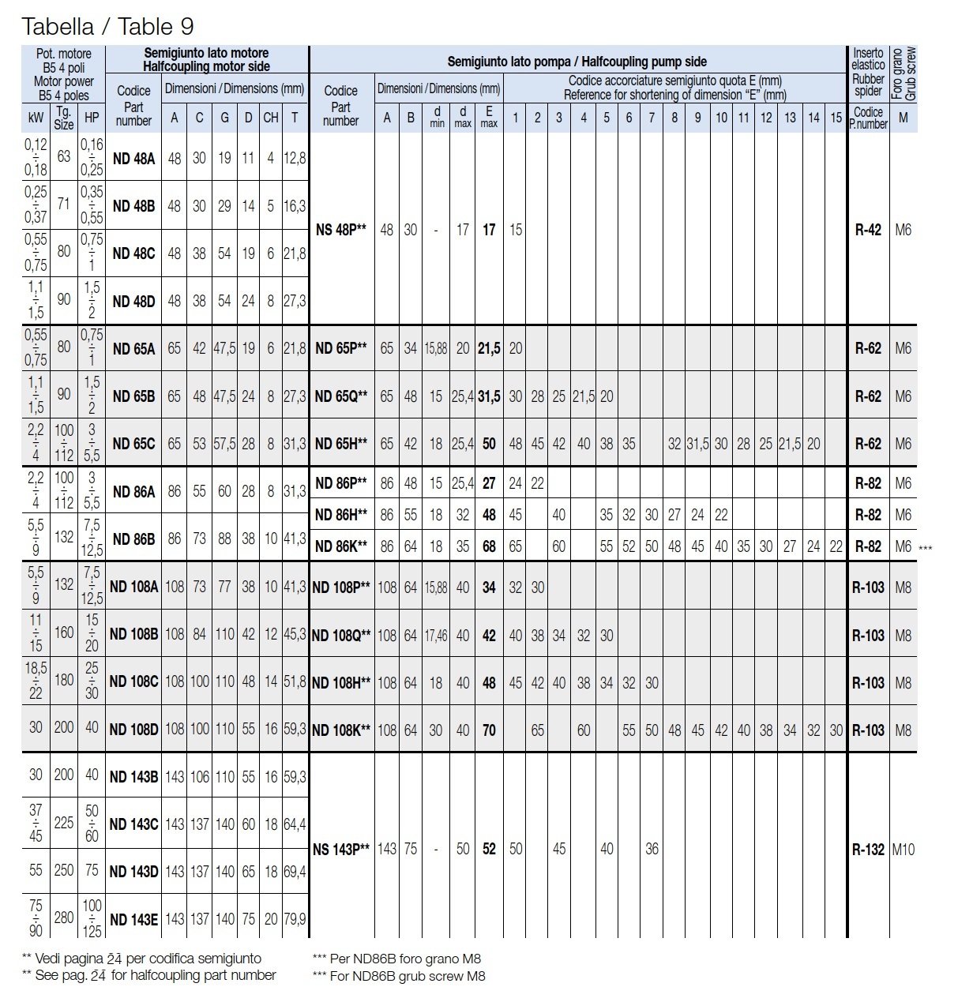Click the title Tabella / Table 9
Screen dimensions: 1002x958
(108, 27)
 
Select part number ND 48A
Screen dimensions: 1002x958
(133, 158)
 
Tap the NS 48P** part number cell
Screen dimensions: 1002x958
(341, 230)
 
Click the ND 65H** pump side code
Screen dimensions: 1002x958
(341, 444)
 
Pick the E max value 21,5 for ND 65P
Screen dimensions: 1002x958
(489, 348)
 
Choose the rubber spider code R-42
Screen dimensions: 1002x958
(868, 230)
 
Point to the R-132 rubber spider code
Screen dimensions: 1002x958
(868, 850)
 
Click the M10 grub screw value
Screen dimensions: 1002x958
(904, 850)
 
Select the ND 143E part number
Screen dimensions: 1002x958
(133, 919)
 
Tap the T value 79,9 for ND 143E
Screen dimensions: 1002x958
(295, 919)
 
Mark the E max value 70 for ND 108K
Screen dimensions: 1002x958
(489, 730)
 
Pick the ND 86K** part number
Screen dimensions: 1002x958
(341, 546)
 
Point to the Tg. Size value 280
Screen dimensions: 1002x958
(64, 919)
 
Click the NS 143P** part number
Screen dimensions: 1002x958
(341, 850)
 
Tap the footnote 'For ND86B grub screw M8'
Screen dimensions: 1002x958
(399, 976)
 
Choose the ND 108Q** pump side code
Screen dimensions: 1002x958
(341, 635)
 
